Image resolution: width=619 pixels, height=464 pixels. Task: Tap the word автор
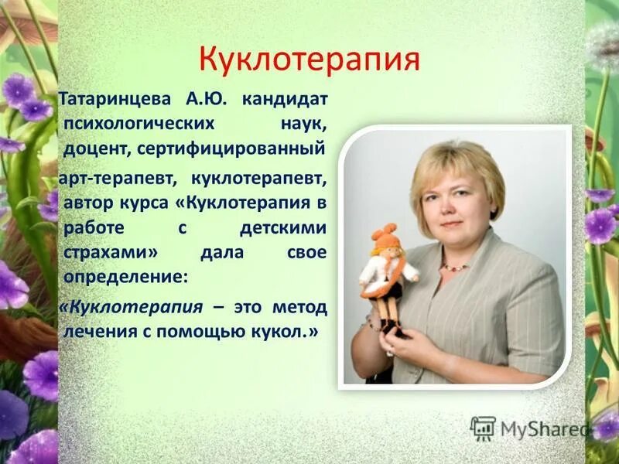tap(88, 203)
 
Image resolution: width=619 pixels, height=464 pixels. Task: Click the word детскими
tap(284, 230)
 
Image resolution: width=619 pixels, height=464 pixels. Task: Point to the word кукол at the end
tap(293, 331)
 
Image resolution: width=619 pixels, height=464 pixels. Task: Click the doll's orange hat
tap(383, 235)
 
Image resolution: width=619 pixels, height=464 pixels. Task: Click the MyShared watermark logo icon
tap(483, 428)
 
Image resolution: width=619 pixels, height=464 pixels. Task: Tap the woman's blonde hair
tap(457, 166)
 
